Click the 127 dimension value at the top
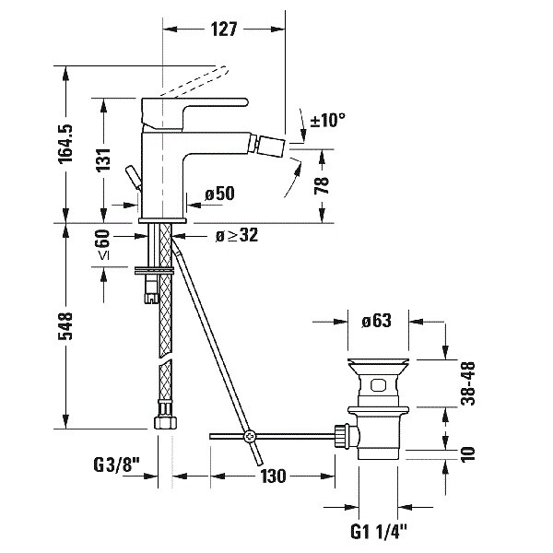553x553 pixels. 224,29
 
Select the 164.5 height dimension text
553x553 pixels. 65,144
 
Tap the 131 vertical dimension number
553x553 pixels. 103,159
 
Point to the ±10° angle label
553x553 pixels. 327,120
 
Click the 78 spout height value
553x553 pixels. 322,185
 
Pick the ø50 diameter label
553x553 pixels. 219,194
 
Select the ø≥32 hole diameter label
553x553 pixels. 237,235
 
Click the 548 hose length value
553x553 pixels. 65,326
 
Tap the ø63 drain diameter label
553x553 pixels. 376,321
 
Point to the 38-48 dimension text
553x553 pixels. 468,383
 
